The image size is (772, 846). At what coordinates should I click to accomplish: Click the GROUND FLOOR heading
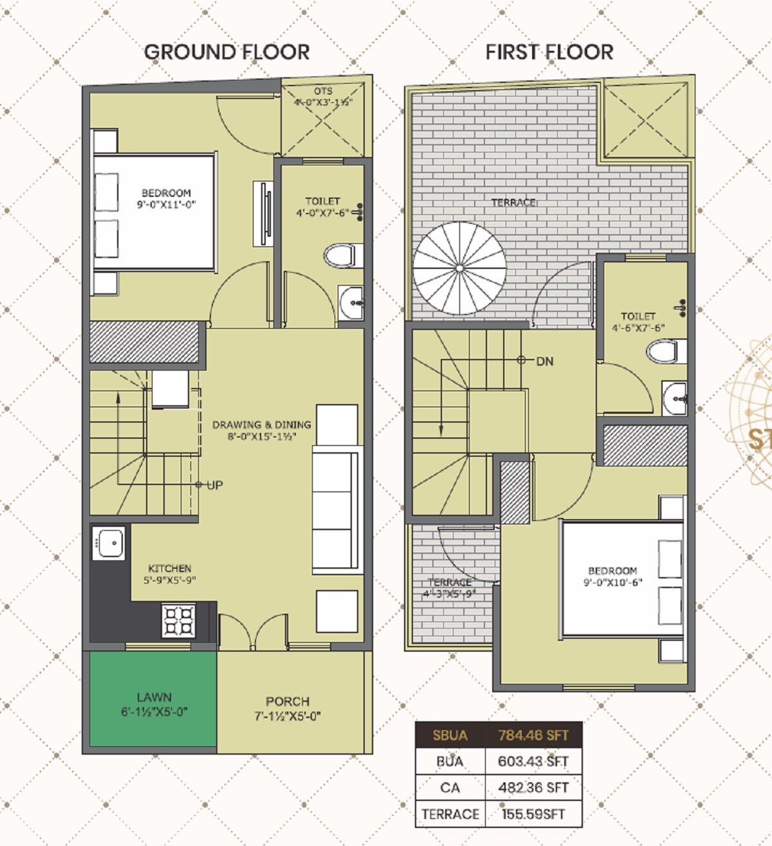pyautogui.click(x=226, y=52)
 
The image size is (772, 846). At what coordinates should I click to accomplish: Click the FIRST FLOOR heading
pyautogui.click(x=549, y=52)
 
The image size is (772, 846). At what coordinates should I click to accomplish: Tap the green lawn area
pyautogui.click(x=153, y=700)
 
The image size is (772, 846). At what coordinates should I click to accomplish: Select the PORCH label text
pyautogui.click(x=288, y=701)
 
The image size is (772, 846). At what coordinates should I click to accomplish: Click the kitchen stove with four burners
pyautogui.click(x=178, y=621)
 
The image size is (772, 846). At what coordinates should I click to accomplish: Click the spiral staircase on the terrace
pyautogui.click(x=459, y=268)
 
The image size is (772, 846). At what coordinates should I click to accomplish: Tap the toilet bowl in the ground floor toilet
pyautogui.click(x=339, y=255)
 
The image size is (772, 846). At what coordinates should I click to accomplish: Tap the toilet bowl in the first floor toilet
pyautogui.click(x=663, y=352)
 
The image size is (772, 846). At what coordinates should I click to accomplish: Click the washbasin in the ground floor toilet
pyautogui.click(x=351, y=300)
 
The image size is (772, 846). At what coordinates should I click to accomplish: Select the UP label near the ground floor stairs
pyautogui.click(x=215, y=485)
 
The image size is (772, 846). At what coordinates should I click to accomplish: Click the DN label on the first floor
pyautogui.click(x=544, y=362)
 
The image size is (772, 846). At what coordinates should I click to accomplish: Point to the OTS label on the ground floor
pyautogui.click(x=324, y=91)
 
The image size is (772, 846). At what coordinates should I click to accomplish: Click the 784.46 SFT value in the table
pyautogui.click(x=533, y=735)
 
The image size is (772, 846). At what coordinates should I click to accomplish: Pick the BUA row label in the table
pyautogui.click(x=449, y=762)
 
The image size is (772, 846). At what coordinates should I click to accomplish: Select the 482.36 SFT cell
pyautogui.click(x=533, y=787)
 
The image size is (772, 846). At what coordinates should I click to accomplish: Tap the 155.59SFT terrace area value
pyautogui.click(x=533, y=814)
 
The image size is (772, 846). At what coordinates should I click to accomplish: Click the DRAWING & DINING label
pyautogui.click(x=262, y=425)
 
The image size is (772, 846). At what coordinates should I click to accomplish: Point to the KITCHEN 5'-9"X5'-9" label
pyautogui.click(x=170, y=574)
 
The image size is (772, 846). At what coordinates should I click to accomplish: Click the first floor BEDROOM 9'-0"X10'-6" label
pyautogui.click(x=612, y=576)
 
